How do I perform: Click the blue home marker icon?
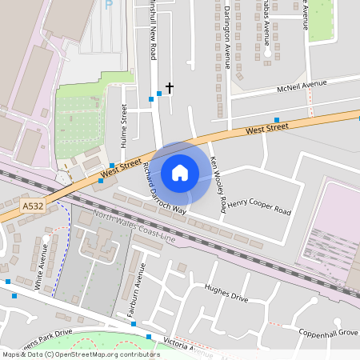(180, 172)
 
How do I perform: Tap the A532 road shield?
(33, 206)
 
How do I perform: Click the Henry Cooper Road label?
(258, 207)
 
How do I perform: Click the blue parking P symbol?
(109, 5)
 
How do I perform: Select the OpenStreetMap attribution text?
(81, 354)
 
